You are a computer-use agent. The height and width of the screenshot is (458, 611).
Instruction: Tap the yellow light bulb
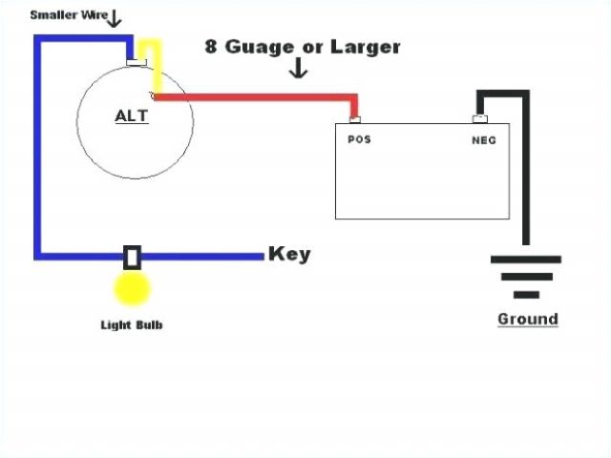[132, 289]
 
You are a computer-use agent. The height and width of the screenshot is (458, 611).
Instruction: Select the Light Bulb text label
[132, 324]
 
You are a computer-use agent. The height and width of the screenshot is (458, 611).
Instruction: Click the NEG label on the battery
[484, 139]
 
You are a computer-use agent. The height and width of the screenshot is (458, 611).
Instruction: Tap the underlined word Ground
[527, 319]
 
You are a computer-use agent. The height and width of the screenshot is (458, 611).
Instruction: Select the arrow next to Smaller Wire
[115, 17]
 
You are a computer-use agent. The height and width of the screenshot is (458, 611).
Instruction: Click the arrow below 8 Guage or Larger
[299, 69]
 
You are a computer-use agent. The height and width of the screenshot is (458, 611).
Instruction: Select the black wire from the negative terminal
[523, 172]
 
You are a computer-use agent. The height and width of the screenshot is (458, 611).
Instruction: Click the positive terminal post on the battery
[355, 118]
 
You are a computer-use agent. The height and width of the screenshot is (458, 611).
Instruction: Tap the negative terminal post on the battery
[481, 118]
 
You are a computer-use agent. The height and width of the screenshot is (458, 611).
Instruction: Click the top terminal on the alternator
[135, 64]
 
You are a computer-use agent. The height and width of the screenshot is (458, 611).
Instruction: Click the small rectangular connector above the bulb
[133, 257]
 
